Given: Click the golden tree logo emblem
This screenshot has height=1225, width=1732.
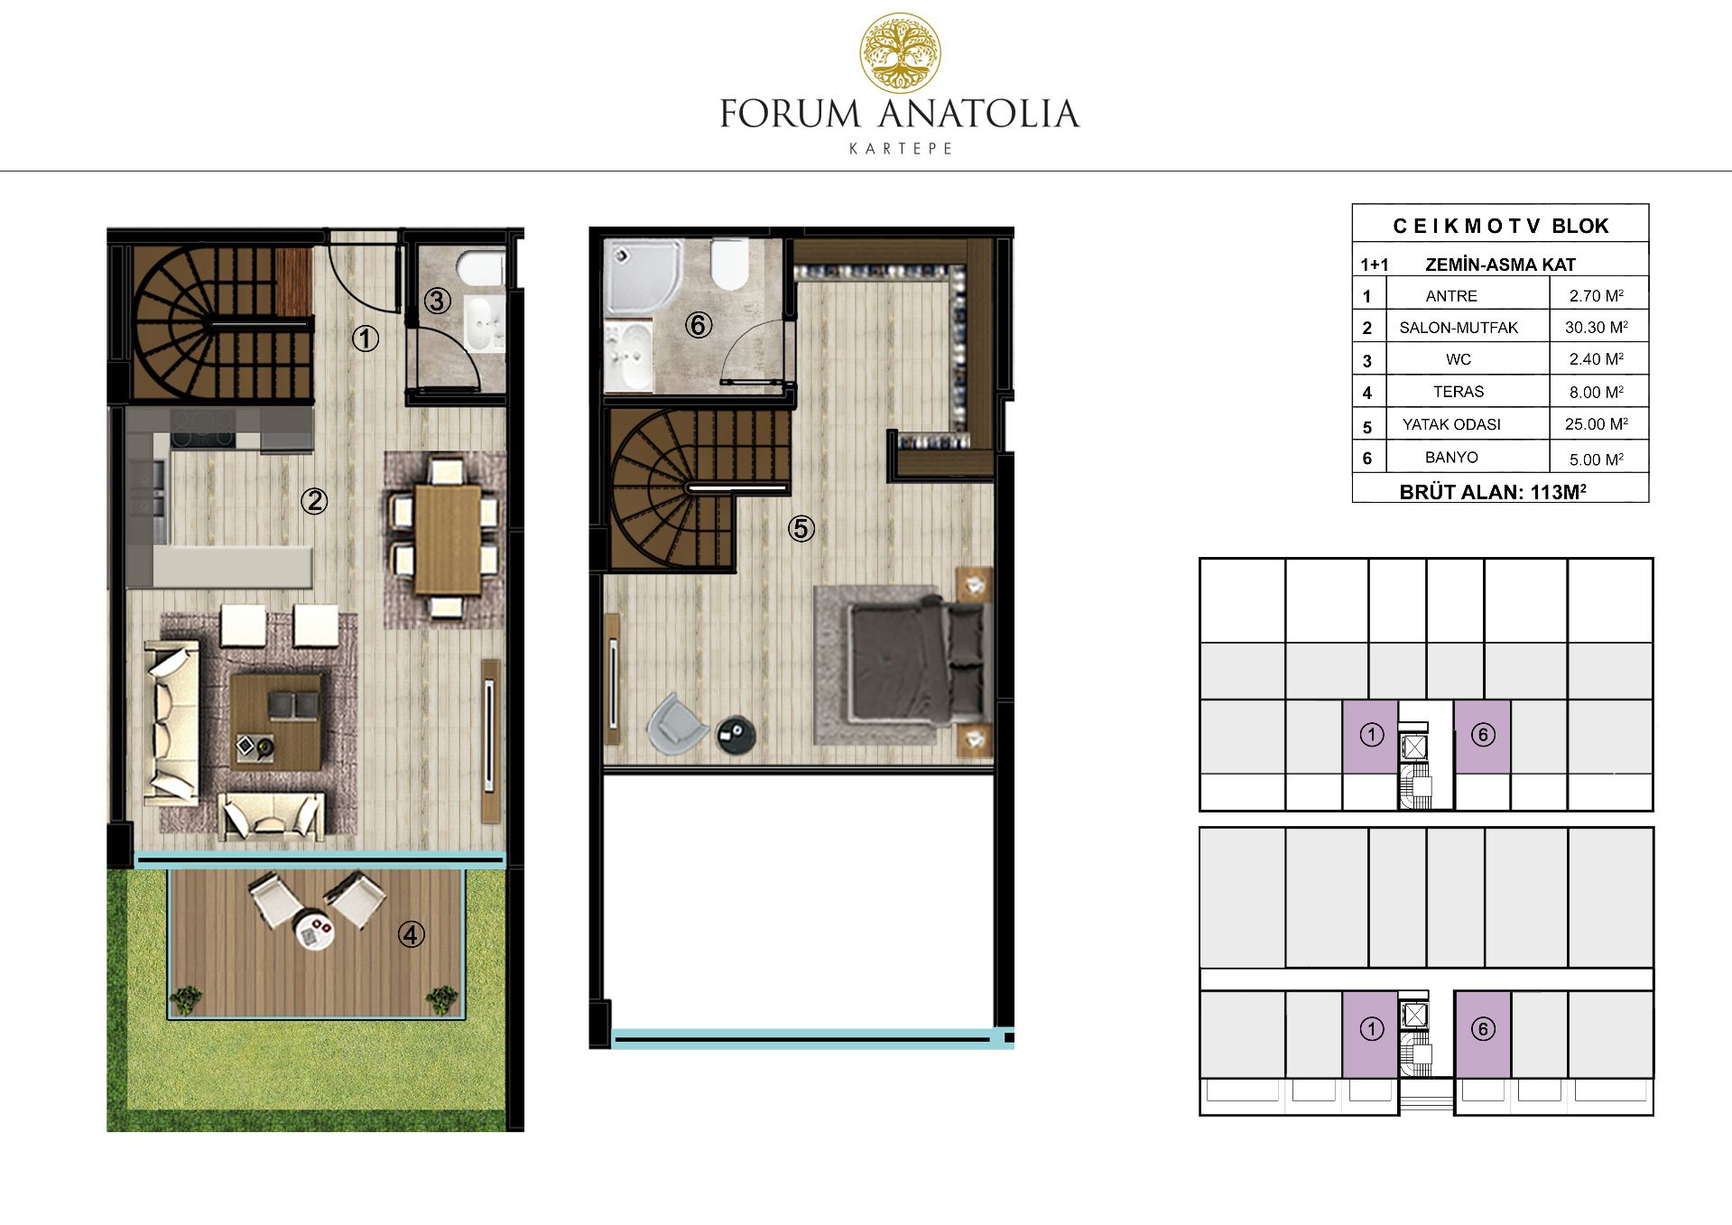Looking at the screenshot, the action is point(900,53).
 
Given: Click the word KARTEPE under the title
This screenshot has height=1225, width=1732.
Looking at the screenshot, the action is point(901,149).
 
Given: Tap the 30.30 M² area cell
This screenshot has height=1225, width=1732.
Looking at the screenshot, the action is point(1597,327).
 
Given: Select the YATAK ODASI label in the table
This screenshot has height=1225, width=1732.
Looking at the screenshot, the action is point(1451,424).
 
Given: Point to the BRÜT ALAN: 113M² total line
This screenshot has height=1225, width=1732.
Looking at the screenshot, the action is point(1493,492).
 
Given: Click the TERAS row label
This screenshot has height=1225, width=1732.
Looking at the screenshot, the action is point(1459,392).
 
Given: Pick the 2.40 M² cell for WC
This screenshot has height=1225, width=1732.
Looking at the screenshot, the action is point(1597,359).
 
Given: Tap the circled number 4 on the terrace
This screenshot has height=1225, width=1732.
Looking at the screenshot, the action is point(412,934).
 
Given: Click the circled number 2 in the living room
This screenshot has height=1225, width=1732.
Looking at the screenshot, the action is point(314,501).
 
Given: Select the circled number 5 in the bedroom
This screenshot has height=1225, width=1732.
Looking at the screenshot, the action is point(801,529).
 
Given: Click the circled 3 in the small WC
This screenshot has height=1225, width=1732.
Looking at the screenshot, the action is point(438,301).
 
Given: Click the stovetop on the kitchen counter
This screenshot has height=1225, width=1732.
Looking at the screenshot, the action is point(203,430).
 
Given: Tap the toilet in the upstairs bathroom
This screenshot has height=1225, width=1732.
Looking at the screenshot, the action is point(730,264).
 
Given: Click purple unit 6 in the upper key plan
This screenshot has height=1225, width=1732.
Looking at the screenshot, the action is point(1483,737).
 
